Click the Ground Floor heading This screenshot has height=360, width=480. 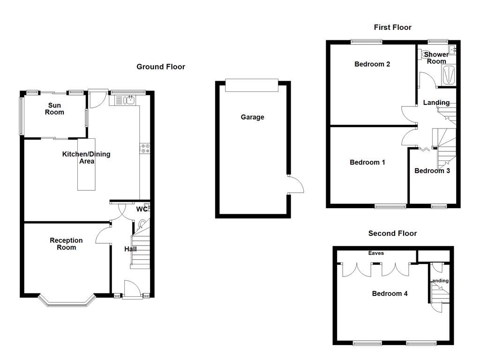[161, 67]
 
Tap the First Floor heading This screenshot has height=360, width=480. [392, 27]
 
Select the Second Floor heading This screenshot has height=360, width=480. [392, 233]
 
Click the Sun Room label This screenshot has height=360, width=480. [54, 109]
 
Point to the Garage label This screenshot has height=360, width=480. [252, 117]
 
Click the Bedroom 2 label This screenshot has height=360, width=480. [372, 64]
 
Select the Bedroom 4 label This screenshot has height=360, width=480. [390, 293]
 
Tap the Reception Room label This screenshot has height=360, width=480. [66, 244]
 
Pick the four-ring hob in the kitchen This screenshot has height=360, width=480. [145, 149]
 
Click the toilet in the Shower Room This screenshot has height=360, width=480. [425, 55]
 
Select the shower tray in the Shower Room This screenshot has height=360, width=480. [449, 75]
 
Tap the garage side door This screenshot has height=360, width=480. [296, 184]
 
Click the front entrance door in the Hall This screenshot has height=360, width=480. [132, 289]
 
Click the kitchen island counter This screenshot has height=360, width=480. [86, 165]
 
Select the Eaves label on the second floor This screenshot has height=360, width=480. [376, 253]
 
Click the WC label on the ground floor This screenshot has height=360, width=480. [142, 210]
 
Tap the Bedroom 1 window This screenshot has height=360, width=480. [390, 206]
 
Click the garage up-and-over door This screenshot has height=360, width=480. [252, 85]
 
